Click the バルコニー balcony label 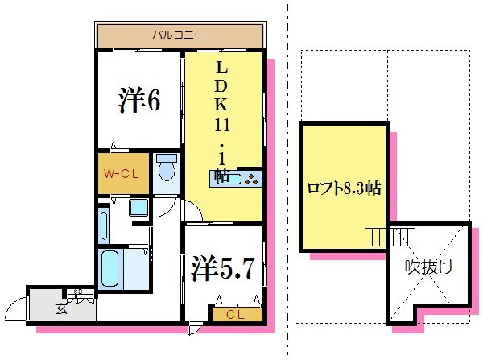tap(180, 35)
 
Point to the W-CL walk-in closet tap(122, 173)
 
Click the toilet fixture tap(167, 169)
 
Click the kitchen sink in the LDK tap(222, 180)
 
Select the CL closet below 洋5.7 tap(234, 314)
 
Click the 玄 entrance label tap(61, 307)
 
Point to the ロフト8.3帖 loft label tap(344, 188)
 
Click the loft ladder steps tap(388, 236)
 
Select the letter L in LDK tap(222, 67)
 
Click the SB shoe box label tap(80, 292)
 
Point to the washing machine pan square tap(139, 208)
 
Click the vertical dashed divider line tap(288, 177)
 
